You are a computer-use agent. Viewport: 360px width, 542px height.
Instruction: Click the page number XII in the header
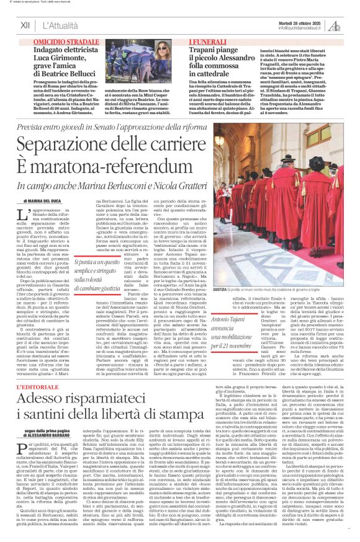25,26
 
